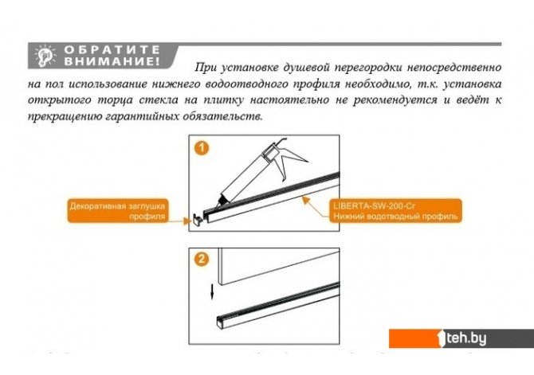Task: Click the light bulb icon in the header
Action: (45, 56)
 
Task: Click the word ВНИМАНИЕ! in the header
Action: (112, 61)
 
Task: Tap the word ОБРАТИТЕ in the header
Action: (112, 49)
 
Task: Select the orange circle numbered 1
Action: (202, 148)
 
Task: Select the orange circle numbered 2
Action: (202, 260)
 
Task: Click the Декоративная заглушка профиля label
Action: (117, 211)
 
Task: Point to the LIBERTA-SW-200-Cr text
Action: (374, 206)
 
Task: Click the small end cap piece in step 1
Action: (198, 219)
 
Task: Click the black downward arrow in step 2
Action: (212, 292)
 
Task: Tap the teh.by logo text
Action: (466, 338)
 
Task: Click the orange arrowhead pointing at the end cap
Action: (187, 221)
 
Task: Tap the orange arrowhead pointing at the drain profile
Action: (306, 200)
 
